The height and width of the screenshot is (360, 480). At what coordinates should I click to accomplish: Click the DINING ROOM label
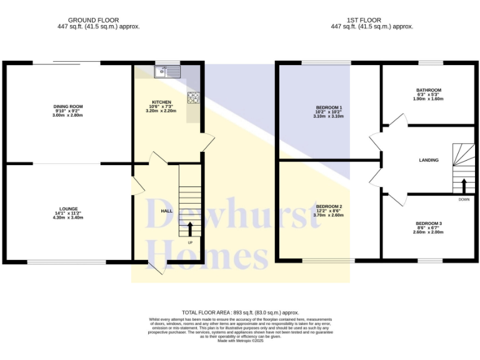pyautogui.click(x=68, y=107)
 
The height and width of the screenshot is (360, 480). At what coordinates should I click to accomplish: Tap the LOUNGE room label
pyautogui.click(x=68, y=209)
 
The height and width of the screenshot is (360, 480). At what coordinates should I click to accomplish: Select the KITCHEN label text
pyautogui.click(x=161, y=102)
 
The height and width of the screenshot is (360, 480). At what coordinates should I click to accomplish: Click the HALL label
pyautogui.click(x=167, y=211)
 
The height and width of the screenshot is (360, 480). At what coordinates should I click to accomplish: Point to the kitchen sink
pyautogui.click(x=167, y=72)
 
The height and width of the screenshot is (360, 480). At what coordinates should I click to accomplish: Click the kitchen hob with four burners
pyautogui.click(x=193, y=97)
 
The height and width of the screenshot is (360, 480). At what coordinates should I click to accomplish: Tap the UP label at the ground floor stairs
pyautogui.click(x=190, y=242)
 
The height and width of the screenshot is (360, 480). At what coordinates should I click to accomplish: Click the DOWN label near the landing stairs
pyautogui.click(x=463, y=199)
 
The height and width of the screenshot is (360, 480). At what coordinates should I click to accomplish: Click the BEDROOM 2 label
pyautogui.click(x=328, y=206)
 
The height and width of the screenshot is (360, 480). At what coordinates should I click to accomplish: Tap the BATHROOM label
pyautogui.click(x=429, y=90)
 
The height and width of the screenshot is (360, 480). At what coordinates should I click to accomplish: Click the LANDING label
pyautogui.click(x=429, y=160)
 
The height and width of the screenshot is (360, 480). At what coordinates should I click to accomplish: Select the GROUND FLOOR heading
pyautogui.click(x=93, y=20)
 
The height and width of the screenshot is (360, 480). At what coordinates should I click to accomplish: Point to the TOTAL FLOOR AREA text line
pyautogui.click(x=240, y=312)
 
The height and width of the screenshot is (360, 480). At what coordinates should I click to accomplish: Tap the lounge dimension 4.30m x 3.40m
pyautogui.click(x=68, y=217)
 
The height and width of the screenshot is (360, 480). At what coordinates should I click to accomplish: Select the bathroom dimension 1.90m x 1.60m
pyautogui.click(x=429, y=99)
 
